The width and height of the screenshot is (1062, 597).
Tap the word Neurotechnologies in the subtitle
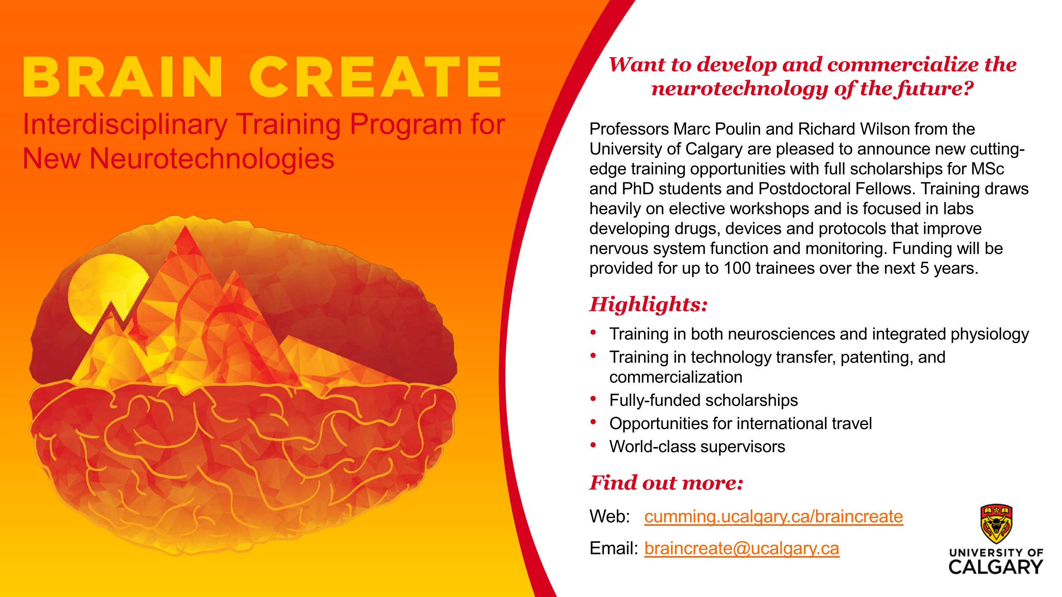pos(211,159)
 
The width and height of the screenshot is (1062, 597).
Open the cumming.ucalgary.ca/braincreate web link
pos(773,517)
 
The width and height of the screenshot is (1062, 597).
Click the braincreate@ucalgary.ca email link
pos(742,548)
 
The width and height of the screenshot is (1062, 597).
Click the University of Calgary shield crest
pos(996,524)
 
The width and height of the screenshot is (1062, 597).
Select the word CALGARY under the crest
pos(996,567)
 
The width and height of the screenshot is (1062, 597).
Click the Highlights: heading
pos(649,304)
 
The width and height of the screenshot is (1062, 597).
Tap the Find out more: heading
pos(666,483)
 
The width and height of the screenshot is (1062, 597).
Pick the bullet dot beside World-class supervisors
pos(593,445)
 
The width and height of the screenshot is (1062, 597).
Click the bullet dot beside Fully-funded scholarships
pos(593,398)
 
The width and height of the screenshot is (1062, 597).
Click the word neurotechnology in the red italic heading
pos(740,89)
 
